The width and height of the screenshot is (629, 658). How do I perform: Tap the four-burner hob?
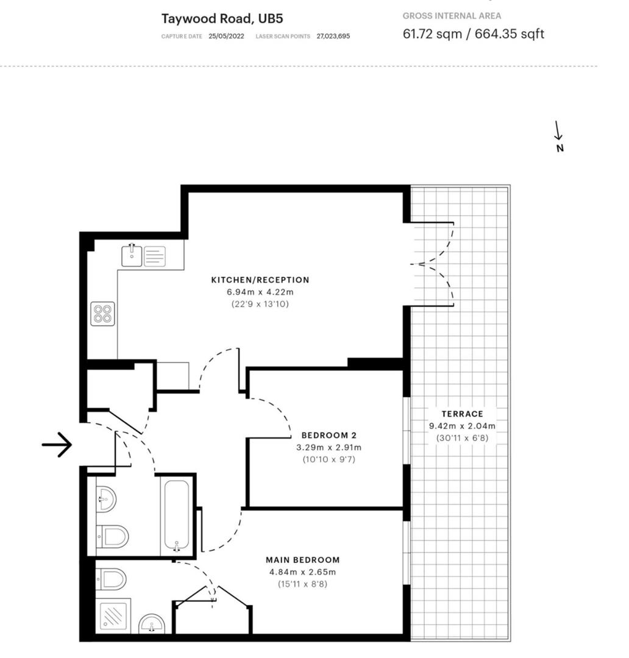tap(103, 314)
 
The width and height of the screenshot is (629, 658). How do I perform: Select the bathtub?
tap(177, 515)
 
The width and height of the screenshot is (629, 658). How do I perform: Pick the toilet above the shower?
tap(112, 578)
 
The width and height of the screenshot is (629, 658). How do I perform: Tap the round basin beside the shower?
tap(152, 624)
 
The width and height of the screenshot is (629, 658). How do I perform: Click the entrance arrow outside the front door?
tap(57, 445)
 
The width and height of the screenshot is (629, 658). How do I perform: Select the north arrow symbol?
tap(559, 135)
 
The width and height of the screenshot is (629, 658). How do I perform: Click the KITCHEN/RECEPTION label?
tap(260, 280)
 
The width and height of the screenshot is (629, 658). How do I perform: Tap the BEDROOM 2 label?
tap(329, 436)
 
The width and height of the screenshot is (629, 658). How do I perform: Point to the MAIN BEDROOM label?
tap(303, 560)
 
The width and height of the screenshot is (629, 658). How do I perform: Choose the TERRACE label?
tap(462, 414)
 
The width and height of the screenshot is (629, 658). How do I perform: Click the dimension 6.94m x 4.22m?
tap(260, 292)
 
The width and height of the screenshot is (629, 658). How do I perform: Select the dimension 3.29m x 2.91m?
tap(329, 447)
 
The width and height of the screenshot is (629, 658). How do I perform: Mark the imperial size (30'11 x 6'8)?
tap(462, 437)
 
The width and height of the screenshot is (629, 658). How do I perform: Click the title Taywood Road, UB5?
tap(205, 18)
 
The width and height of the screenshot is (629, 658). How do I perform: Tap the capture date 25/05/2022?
tap(226, 36)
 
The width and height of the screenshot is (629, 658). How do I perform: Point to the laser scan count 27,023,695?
tap(333, 36)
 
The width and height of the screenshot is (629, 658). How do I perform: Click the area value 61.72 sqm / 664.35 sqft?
tap(473, 34)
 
